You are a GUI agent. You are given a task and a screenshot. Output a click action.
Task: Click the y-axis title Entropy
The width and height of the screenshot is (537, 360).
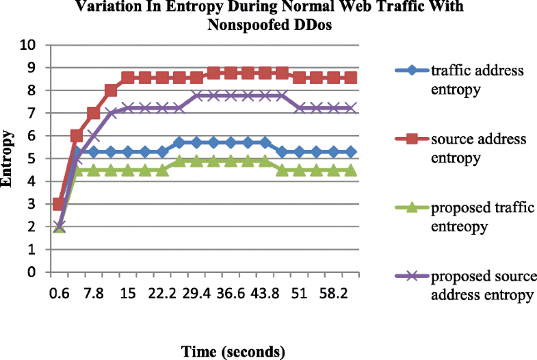pos(10,159)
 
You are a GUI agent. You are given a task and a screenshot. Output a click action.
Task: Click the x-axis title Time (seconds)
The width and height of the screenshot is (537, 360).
pos(232,351)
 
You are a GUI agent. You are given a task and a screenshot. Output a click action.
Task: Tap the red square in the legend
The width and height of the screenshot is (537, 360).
pos(411,140)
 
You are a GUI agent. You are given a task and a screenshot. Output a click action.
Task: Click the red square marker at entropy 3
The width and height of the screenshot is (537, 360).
pos(60,204)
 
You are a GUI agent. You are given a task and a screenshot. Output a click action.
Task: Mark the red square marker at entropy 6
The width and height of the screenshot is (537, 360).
pos(77,136)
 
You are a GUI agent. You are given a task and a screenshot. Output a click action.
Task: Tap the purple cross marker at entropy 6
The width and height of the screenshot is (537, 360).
pos(94,136)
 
